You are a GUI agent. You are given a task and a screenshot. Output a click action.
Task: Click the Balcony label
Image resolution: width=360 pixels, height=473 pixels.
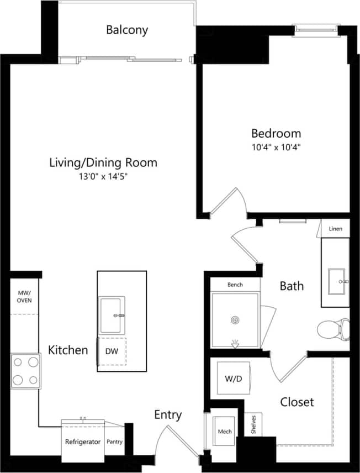pos(127,30)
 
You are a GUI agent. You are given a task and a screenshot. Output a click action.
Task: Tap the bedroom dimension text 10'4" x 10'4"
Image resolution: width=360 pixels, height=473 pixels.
pos(276,148)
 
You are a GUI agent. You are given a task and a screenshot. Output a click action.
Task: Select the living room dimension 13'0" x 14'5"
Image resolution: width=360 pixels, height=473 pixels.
pos(103,177)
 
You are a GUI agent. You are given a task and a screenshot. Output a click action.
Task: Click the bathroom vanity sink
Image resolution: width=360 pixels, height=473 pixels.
pos(336,281)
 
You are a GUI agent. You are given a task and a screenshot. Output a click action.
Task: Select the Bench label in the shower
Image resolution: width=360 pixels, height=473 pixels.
pos(235,285)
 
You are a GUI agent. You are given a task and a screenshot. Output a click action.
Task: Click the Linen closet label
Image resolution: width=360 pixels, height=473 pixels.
pos(335,229)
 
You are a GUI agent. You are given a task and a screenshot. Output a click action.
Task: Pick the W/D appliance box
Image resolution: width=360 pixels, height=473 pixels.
pos(231,379)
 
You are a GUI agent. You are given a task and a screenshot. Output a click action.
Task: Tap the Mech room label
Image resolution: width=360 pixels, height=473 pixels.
pos(225,432)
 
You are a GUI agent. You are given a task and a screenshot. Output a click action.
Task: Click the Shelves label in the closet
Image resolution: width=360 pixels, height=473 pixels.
pos(253,425)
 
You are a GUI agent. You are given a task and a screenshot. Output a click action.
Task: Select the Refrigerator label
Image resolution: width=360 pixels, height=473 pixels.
pos(83,442)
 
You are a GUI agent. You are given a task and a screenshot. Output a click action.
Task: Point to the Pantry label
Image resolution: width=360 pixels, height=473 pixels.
pos(115,442)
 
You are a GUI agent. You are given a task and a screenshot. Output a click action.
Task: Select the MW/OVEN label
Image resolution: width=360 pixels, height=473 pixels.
pos(24,296)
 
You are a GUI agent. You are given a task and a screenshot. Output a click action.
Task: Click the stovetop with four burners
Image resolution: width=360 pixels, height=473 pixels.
pos(25,371)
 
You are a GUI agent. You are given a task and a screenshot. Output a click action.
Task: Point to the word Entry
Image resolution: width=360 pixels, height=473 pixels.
pos(168,415)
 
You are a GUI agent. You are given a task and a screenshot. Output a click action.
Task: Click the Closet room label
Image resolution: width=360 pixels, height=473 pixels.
pos(297,402)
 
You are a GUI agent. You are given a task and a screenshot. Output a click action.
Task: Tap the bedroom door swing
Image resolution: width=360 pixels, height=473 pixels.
pos(229,201)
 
